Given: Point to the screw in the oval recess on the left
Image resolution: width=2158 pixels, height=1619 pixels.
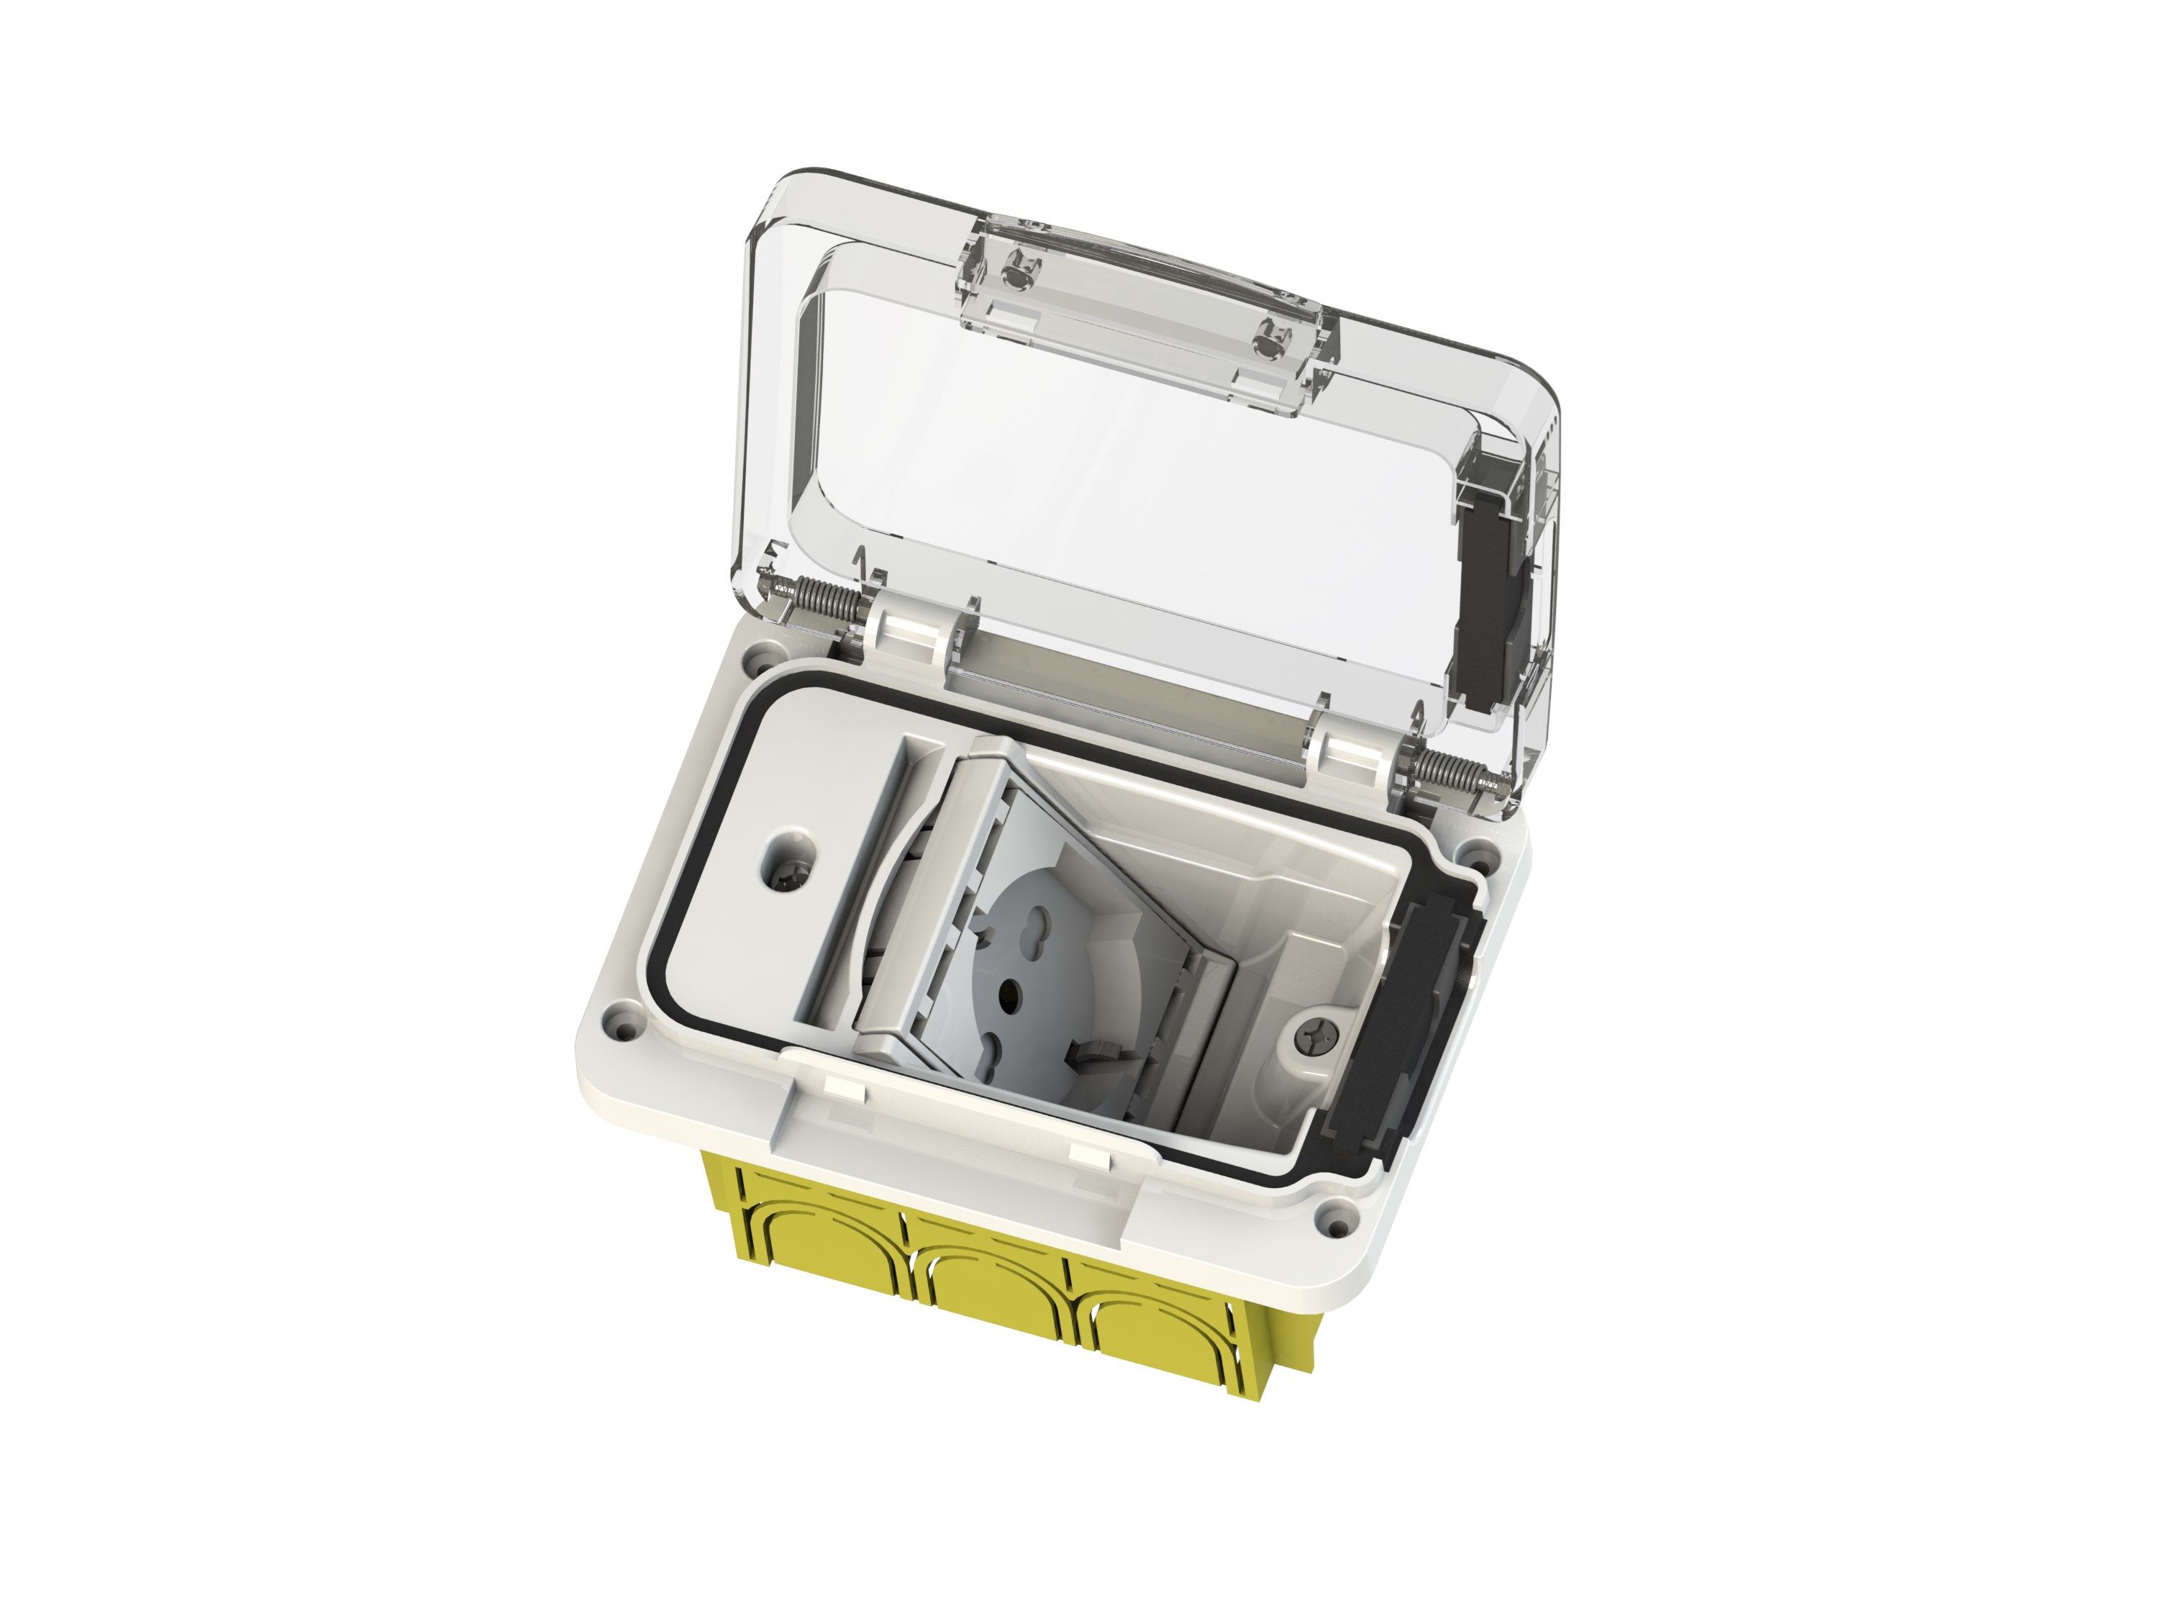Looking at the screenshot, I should pos(788,879).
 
